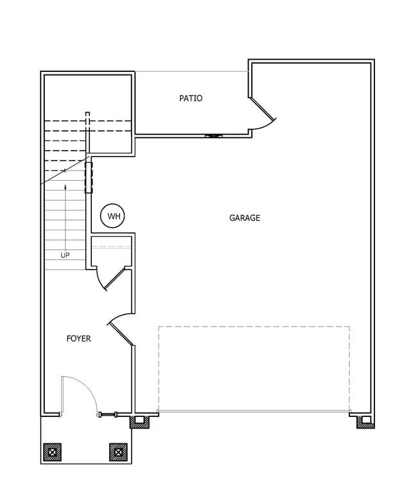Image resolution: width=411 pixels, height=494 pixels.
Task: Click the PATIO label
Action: [x=191, y=98]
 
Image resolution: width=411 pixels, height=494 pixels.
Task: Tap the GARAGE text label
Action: [x=245, y=218]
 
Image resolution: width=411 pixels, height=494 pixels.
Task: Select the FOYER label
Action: [x=78, y=339]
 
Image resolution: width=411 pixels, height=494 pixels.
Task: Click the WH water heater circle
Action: [x=112, y=216]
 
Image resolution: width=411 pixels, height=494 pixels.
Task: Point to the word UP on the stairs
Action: [x=65, y=255]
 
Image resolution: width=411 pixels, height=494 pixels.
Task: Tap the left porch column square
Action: [x=53, y=452]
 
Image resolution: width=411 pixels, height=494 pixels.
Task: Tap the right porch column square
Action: [x=118, y=452]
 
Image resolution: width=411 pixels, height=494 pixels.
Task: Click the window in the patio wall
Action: [x=214, y=136]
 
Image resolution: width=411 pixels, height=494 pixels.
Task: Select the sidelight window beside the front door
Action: [x=108, y=414]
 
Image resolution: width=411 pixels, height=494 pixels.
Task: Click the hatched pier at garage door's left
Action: [x=140, y=422]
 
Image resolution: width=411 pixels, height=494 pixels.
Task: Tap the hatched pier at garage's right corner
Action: [x=365, y=422]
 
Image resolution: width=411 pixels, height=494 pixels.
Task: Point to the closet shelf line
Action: [x=111, y=247]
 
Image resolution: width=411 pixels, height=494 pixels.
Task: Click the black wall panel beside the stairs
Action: [x=89, y=178]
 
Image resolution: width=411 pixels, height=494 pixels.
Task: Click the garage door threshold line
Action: [x=254, y=411]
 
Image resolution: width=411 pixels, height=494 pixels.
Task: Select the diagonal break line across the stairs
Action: [x=66, y=171]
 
